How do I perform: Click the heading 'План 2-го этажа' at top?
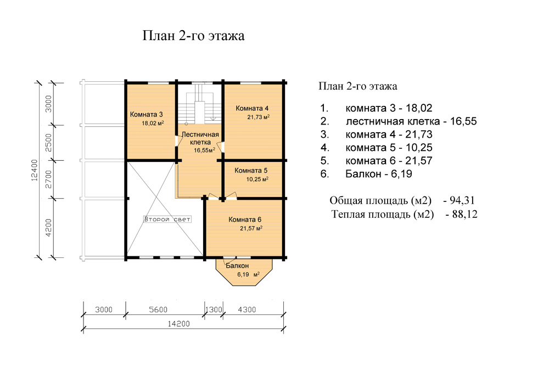(x=193, y=36)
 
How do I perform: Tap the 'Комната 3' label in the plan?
(x=147, y=114)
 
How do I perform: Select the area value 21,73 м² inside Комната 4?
(x=259, y=117)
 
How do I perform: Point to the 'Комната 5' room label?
(x=251, y=171)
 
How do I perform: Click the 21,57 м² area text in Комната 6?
(x=251, y=228)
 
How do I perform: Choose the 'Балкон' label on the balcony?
(x=237, y=266)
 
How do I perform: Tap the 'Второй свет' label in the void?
(x=167, y=220)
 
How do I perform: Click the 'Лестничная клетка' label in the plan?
(x=200, y=138)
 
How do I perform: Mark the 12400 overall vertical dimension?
(x=34, y=170)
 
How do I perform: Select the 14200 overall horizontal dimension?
(x=178, y=324)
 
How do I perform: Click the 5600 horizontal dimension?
(x=158, y=310)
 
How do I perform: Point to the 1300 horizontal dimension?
(x=214, y=310)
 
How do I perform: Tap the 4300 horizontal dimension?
(x=247, y=310)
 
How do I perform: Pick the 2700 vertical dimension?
(x=49, y=179)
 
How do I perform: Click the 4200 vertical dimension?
(x=49, y=227)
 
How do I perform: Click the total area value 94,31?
(x=462, y=200)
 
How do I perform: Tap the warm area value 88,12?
(x=464, y=214)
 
